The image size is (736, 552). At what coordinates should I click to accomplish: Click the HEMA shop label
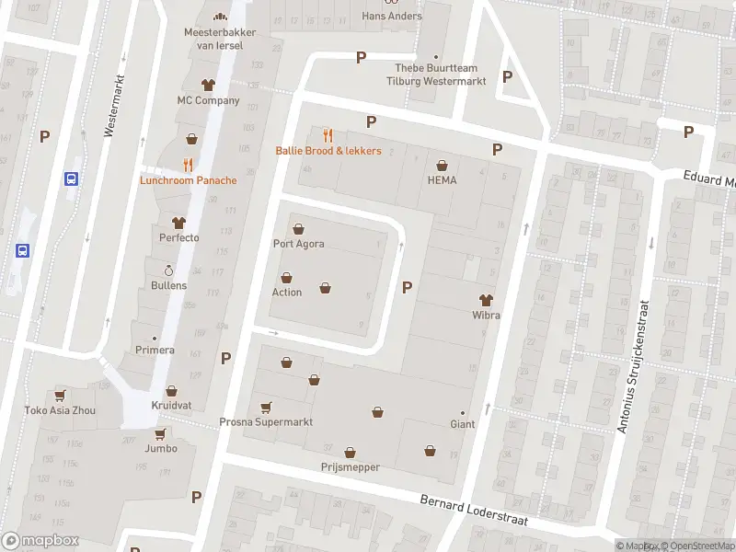442,180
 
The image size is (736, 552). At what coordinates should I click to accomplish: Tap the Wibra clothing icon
486,299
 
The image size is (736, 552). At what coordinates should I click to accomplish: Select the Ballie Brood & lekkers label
328,151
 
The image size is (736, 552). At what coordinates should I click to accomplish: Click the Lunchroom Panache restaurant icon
188,165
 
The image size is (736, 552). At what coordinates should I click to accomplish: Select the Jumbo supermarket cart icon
160,433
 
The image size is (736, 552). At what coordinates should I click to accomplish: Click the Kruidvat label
170,406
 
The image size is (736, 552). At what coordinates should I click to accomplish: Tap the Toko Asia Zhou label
60,410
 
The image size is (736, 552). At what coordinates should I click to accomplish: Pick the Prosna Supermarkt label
266,422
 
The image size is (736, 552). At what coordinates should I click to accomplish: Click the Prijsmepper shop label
351,467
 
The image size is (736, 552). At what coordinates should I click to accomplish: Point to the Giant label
462,425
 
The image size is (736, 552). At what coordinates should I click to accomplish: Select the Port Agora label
298,244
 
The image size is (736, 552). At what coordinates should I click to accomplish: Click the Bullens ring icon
168,270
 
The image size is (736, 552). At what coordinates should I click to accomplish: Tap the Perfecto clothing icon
178,223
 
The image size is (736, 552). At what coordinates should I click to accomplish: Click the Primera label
155,350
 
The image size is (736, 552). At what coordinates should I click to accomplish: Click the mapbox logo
40,541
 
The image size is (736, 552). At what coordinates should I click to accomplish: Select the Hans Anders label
392,16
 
